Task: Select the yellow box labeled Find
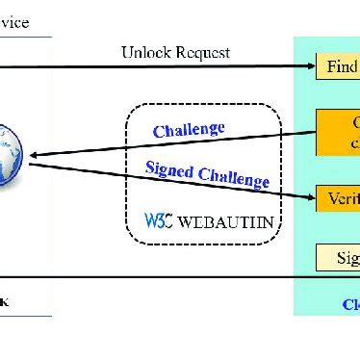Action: (x=337, y=68)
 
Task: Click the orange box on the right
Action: (x=337, y=133)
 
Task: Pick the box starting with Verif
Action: (x=337, y=200)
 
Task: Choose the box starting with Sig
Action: (x=337, y=257)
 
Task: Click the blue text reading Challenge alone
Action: (x=189, y=130)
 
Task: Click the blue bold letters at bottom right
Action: (x=350, y=304)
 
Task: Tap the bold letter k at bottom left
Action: (x=6, y=301)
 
